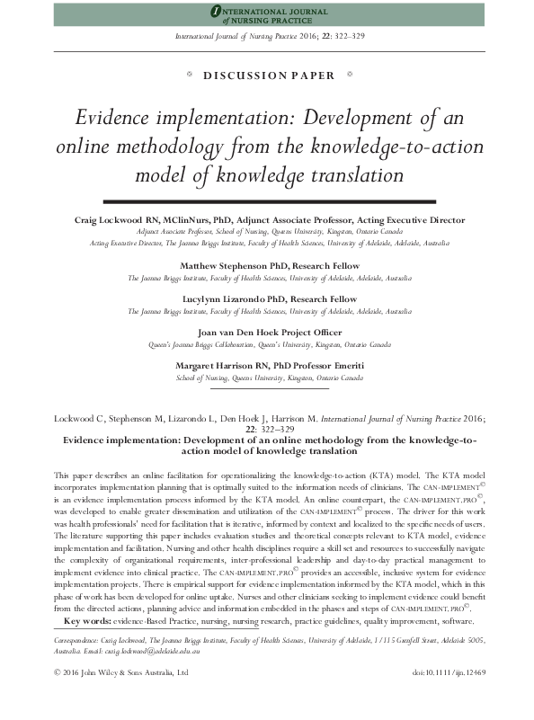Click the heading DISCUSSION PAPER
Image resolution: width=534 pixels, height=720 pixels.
click(267, 76)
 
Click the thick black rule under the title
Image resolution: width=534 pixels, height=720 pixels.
click(267, 200)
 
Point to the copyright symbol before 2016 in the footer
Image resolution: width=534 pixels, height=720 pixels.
click(58, 696)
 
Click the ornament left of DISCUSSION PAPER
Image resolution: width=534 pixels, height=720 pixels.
click(187, 76)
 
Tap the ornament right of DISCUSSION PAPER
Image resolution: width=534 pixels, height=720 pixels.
click(348, 76)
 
